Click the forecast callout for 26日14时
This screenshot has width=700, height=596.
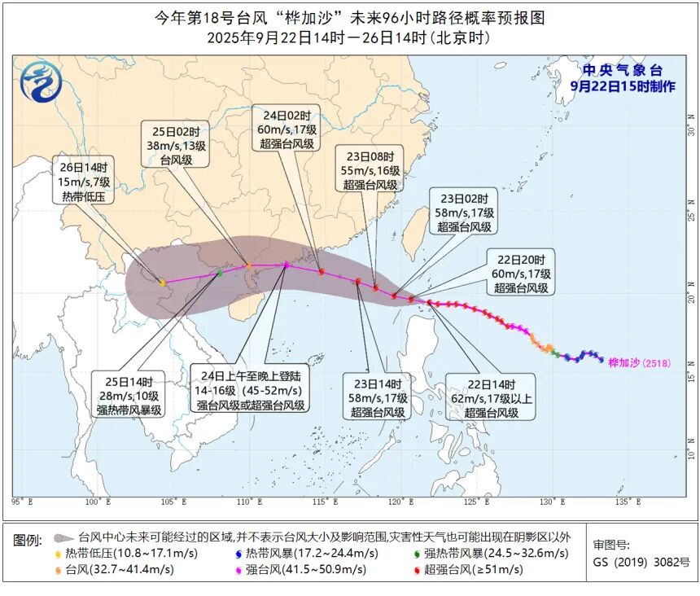(85, 180)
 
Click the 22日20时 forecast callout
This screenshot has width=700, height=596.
(522, 272)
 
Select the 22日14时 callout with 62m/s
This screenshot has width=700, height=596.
(490, 397)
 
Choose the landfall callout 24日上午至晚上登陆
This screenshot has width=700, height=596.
(250, 388)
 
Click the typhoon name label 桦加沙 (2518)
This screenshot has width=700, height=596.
(640, 363)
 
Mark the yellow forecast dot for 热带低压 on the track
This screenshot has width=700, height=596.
(162, 283)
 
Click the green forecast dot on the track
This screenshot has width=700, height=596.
(219, 273)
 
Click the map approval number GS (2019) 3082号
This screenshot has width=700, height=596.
(641, 561)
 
